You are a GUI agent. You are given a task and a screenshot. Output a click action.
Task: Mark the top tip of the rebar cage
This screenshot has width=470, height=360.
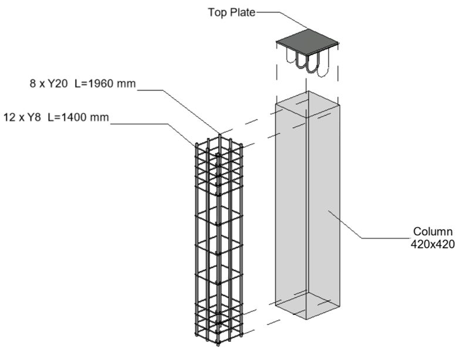(219, 134)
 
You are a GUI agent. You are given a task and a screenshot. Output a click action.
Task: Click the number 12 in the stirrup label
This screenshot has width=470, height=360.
(8, 117)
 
